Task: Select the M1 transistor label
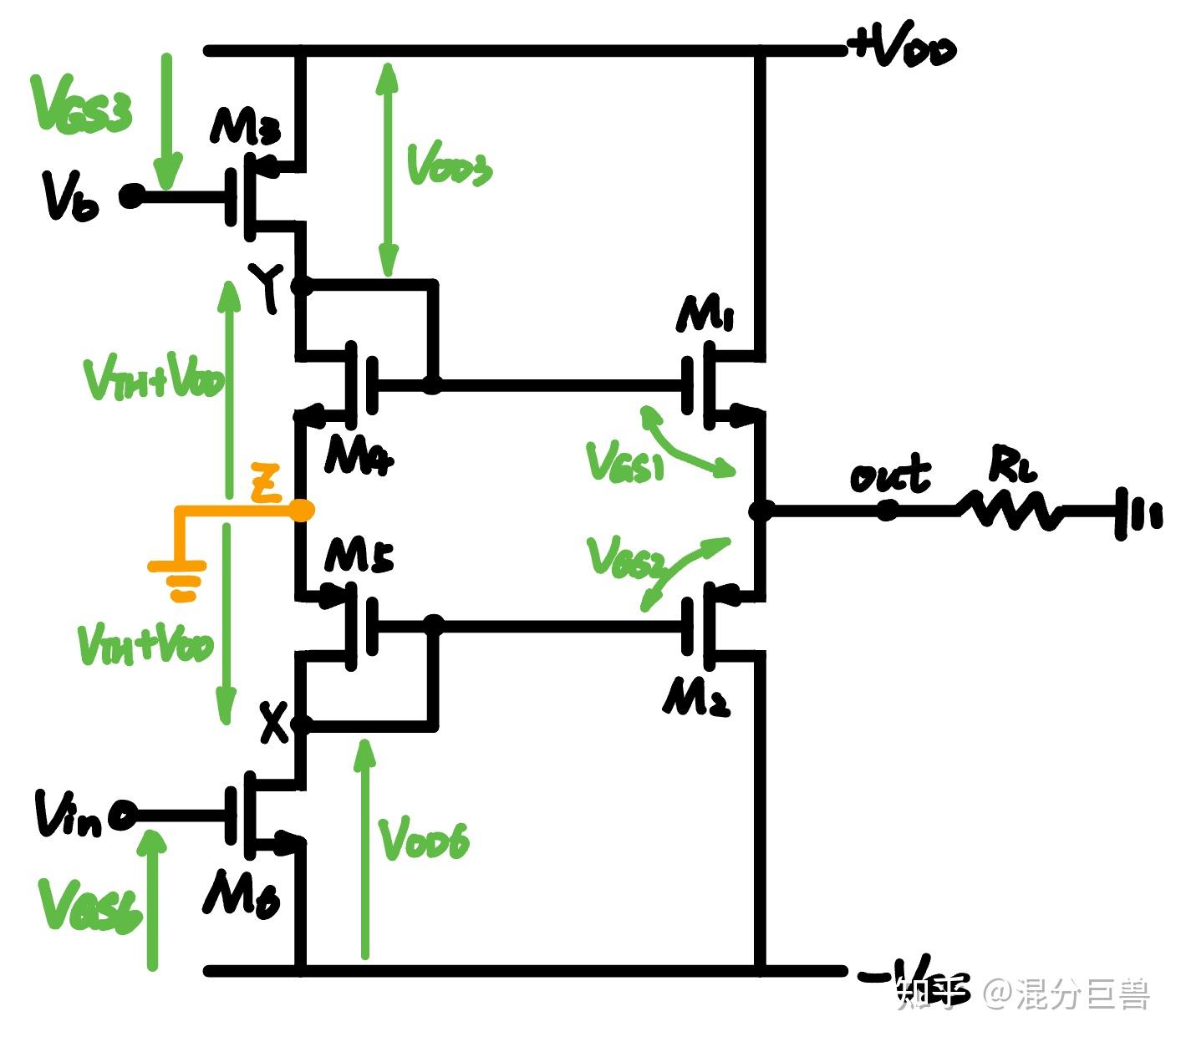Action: (706, 316)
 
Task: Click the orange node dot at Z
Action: (303, 510)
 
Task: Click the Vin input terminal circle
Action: (123, 816)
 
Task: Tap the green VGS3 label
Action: (81, 104)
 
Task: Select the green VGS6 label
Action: (90, 907)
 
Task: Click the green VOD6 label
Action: (425, 839)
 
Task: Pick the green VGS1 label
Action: (625, 462)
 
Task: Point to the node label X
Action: (272, 723)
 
